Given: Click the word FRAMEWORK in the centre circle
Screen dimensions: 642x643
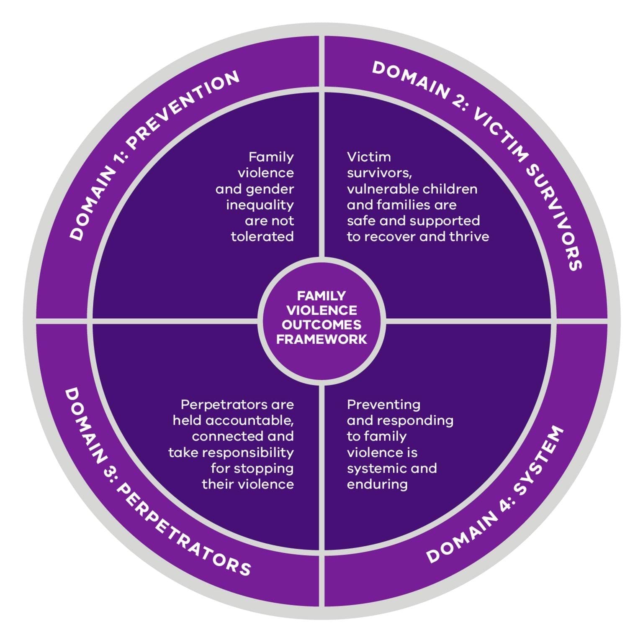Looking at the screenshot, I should tap(321, 339).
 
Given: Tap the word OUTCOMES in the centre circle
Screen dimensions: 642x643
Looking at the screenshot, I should tap(321, 325).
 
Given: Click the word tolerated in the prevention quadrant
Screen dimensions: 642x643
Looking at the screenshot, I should tap(262, 237).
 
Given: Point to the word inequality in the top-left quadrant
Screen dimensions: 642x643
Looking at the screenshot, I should tap(260, 205).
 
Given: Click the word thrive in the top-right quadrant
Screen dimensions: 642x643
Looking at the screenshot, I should tap(469, 237).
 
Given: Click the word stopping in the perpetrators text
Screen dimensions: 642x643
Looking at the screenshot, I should tap(265, 468).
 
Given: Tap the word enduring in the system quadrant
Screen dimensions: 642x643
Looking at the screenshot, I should tap(377, 484).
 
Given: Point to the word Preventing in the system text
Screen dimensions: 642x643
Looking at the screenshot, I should tap(383, 404).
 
